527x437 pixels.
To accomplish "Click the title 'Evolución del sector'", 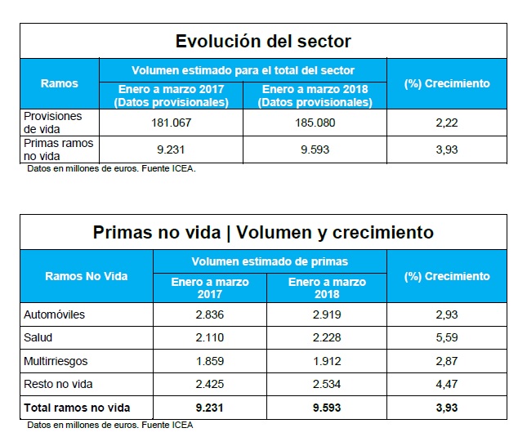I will pyautogui.click(x=263, y=41).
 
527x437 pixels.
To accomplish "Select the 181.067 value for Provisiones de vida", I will pyautogui.click(x=171, y=123).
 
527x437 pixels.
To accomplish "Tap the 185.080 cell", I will pyautogui.click(x=315, y=123).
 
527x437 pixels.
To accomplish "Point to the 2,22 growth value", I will pyautogui.click(x=446, y=123).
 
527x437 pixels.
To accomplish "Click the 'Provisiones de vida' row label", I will pyautogui.click(x=53, y=123).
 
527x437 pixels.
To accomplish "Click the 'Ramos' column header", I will pyautogui.click(x=60, y=83).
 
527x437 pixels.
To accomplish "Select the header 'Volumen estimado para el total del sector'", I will pyautogui.click(x=243, y=70).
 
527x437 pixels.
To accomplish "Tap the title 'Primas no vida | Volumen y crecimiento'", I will pyautogui.click(x=263, y=233).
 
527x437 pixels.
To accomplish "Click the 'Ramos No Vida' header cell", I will pyautogui.click(x=87, y=276).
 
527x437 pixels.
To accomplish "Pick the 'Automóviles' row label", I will pyautogui.click(x=55, y=314).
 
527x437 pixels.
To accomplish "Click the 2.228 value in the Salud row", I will pyautogui.click(x=328, y=337).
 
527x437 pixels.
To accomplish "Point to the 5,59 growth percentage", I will pyautogui.click(x=446, y=337).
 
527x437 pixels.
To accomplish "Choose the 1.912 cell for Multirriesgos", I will pyautogui.click(x=328, y=360).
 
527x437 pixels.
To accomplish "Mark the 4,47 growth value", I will pyautogui.click(x=446, y=384).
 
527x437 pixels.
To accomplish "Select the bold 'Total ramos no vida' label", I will pyautogui.click(x=78, y=407).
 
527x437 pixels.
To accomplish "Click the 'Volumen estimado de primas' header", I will pyautogui.click(x=270, y=262).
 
